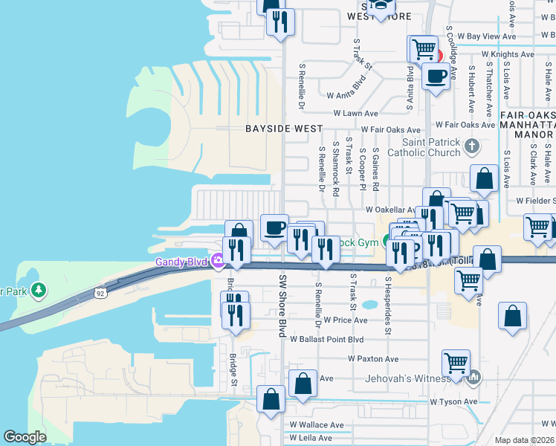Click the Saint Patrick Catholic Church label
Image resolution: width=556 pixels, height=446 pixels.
click(431, 147)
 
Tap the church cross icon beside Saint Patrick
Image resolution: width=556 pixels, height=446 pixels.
click(471, 146)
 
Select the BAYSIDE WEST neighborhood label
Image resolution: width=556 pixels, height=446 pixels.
click(285, 129)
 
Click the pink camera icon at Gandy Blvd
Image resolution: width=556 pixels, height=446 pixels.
click(218, 261)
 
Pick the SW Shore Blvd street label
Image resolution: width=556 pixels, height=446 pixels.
click(282, 306)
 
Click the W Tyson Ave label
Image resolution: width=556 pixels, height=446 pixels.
click(453, 401)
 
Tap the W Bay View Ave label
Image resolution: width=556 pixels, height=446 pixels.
click(486, 36)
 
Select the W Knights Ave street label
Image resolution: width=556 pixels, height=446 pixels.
click(508, 54)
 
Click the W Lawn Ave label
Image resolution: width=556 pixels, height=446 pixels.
click(356, 114)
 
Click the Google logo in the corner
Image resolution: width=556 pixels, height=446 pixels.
click(25, 437)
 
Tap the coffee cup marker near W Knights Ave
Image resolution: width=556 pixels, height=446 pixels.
click(436, 75)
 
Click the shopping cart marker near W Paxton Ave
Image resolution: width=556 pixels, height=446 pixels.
click(456, 363)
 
